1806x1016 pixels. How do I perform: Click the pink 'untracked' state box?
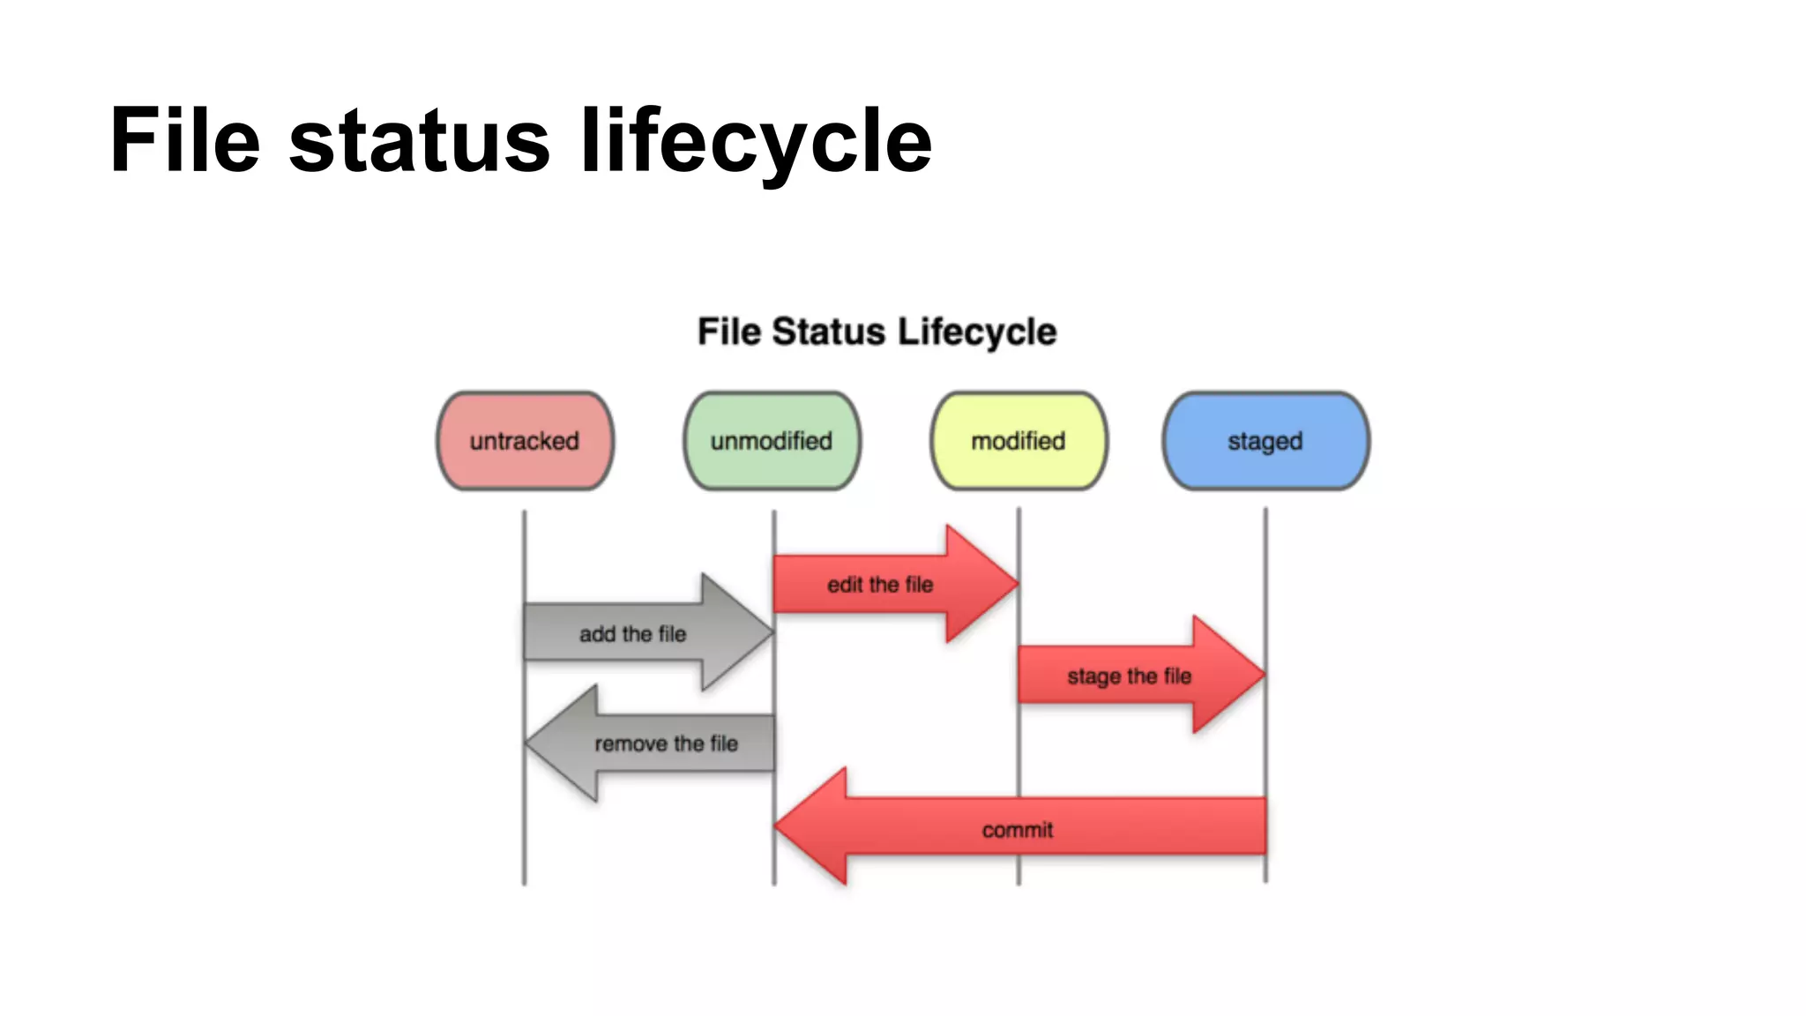[x=525, y=441]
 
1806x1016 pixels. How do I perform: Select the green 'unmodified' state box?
[x=772, y=441]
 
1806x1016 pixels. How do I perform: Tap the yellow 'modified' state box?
[x=1019, y=441]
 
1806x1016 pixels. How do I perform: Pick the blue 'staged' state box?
[x=1265, y=441]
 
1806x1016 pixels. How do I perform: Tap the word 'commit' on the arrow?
[x=1018, y=830]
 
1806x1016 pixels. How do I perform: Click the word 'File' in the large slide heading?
[x=185, y=141]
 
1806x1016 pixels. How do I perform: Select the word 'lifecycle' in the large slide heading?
[x=756, y=141]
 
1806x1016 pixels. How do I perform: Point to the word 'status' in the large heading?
[x=420, y=141]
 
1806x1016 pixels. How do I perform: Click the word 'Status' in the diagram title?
[x=829, y=332]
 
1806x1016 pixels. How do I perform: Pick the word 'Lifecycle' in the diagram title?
[x=977, y=332]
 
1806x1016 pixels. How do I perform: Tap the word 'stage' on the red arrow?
[x=1093, y=677]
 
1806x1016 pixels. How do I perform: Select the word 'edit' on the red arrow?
[x=845, y=585]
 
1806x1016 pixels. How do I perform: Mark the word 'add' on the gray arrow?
[x=597, y=634]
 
